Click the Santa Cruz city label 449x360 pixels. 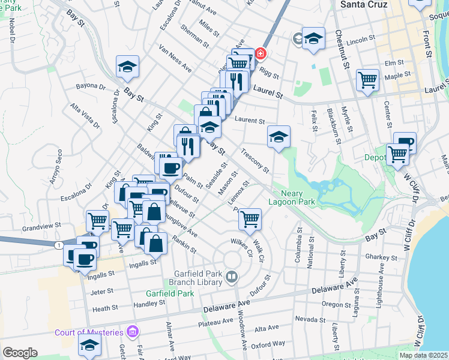(x=363, y=4)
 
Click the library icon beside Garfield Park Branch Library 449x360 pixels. (x=232, y=276)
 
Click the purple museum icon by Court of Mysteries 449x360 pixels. (x=133, y=332)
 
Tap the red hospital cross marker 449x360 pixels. (x=261, y=53)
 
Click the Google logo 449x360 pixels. (x=20, y=353)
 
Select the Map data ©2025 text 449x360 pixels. (x=423, y=355)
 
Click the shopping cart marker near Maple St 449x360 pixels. (x=367, y=80)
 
